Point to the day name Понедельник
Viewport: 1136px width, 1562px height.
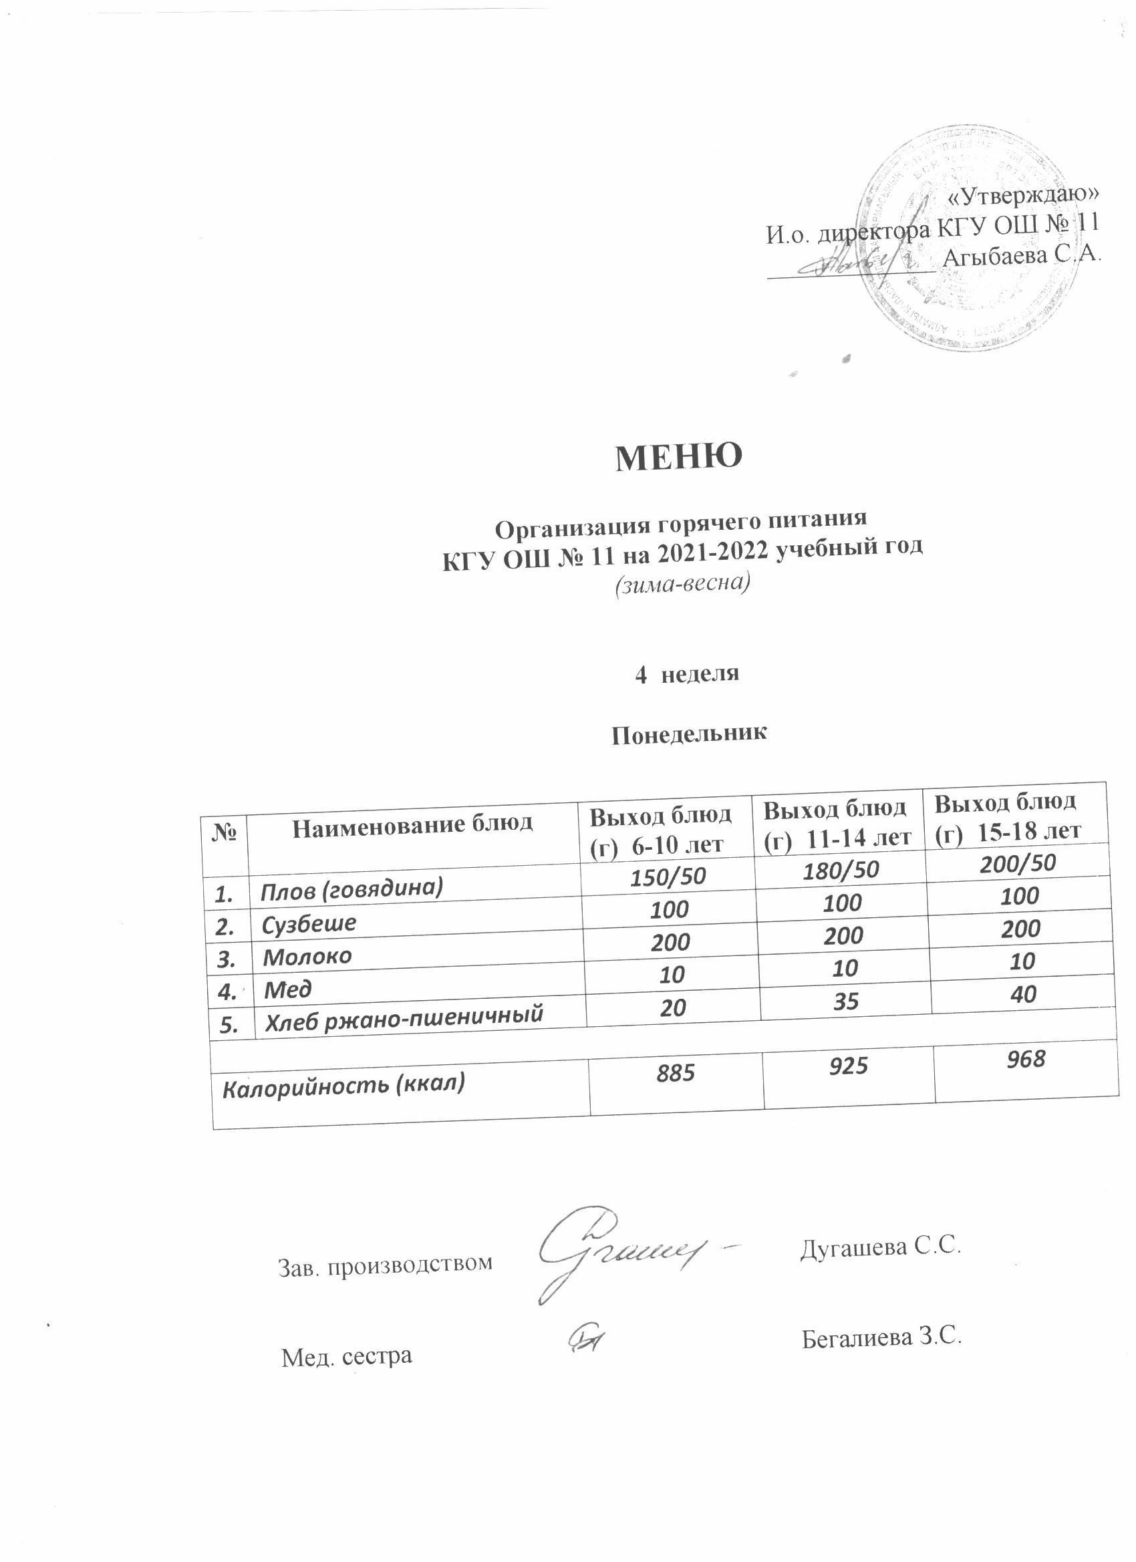coord(689,734)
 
